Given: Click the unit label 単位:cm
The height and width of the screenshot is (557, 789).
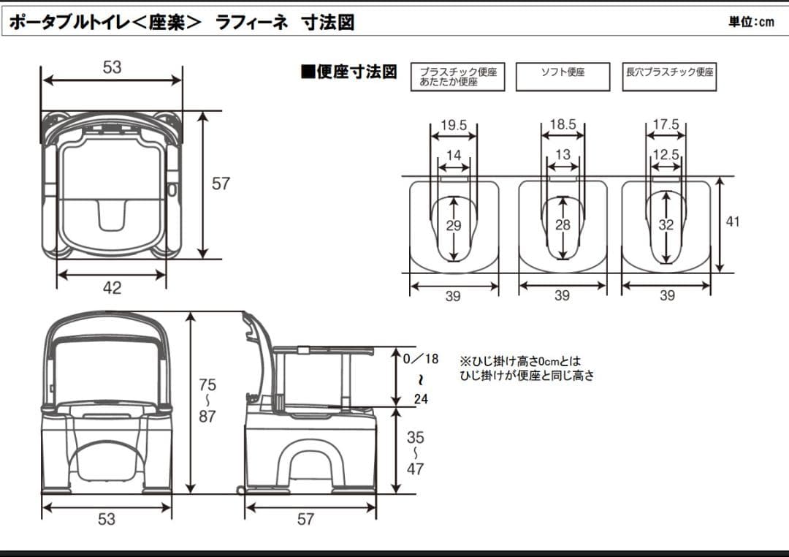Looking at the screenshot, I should point(750,22).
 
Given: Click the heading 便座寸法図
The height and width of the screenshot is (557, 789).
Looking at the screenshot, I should point(349,72).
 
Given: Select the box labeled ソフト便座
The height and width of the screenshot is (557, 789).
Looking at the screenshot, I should point(563,76).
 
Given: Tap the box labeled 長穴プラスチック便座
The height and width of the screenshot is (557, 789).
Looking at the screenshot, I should point(669,76).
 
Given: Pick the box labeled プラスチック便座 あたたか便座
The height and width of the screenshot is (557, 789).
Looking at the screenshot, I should point(458,77).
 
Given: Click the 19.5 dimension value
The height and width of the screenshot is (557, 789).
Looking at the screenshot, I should point(453,125).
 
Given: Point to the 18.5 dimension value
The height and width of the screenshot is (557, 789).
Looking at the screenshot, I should point(563,125).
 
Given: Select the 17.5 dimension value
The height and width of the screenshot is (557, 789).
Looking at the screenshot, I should point(666,125).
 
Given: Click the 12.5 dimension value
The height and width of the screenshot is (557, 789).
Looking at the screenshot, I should point(666,154).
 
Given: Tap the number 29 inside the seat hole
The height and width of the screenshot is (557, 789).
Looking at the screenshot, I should point(454,226).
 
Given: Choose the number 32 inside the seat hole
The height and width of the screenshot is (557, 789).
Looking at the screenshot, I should point(666,226).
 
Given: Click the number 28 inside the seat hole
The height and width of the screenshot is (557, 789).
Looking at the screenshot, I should point(563,226).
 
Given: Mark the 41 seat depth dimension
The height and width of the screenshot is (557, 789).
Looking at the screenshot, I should point(732,221).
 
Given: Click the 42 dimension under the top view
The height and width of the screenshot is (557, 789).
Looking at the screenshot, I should point(112,288).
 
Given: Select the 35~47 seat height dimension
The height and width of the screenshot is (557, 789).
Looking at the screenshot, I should point(415,453).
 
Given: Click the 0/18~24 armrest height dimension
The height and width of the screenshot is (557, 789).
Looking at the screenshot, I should point(422,379).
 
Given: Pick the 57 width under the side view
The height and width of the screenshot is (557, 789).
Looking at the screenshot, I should point(305,519).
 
